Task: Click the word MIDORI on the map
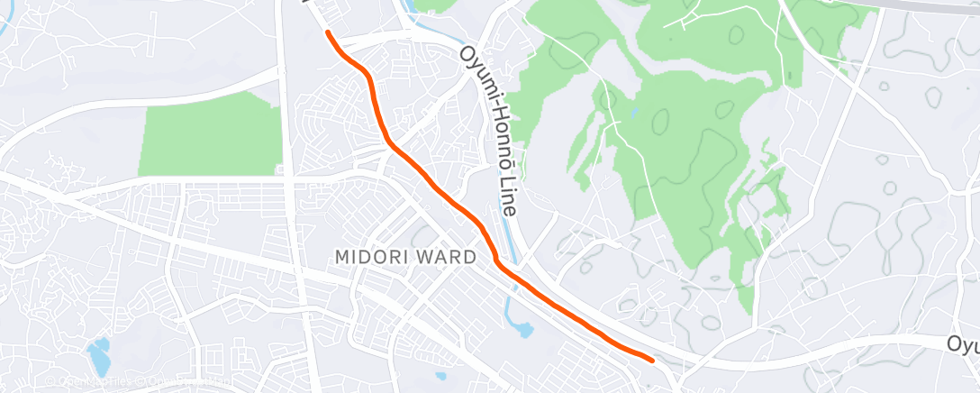point(367,257)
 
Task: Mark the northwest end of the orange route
point(328,33)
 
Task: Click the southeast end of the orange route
point(650,360)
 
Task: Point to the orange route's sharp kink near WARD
point(495,260)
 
